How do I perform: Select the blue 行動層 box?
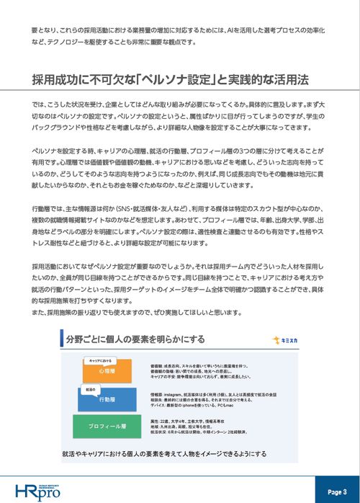tap(107, 399)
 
